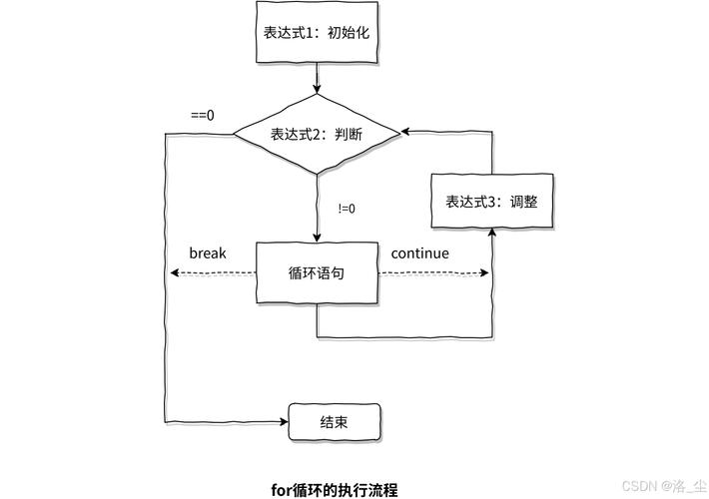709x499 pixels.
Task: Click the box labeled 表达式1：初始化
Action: (317, 31)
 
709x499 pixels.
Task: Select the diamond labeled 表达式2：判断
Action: (317, 133)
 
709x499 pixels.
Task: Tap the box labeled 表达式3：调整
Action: (491, 201)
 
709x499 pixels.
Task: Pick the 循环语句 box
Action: (317, 272)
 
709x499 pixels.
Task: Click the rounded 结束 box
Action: (335, 421)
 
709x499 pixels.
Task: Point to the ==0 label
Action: (203, 115)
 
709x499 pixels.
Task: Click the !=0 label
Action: (348, 209)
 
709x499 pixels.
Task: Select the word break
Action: (208, 253)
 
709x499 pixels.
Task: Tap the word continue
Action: (419, 253)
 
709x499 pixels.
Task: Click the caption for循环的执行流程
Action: (335, 490)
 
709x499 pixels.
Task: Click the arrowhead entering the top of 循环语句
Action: (317, 237)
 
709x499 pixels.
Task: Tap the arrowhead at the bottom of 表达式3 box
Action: (491, 233)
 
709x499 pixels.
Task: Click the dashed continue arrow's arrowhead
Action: (486, 272)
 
